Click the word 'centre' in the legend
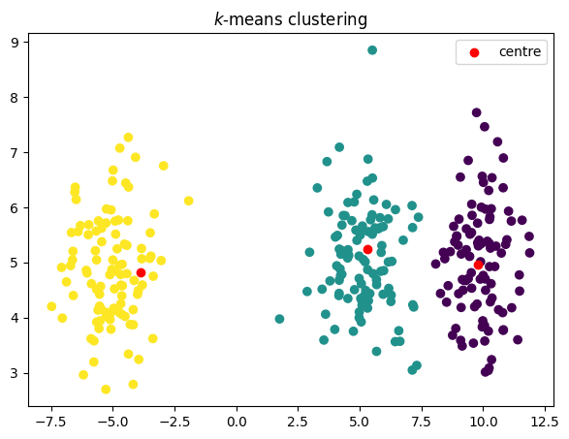520,51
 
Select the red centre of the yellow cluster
141,272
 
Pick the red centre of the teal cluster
367,249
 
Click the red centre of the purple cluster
479,264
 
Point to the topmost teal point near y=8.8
372,50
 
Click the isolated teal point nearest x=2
279,319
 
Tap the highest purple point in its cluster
476,112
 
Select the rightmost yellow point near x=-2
188,201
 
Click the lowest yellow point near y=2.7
106,390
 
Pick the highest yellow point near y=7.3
128,138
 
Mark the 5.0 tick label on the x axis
360,423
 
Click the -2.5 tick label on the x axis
172,423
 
